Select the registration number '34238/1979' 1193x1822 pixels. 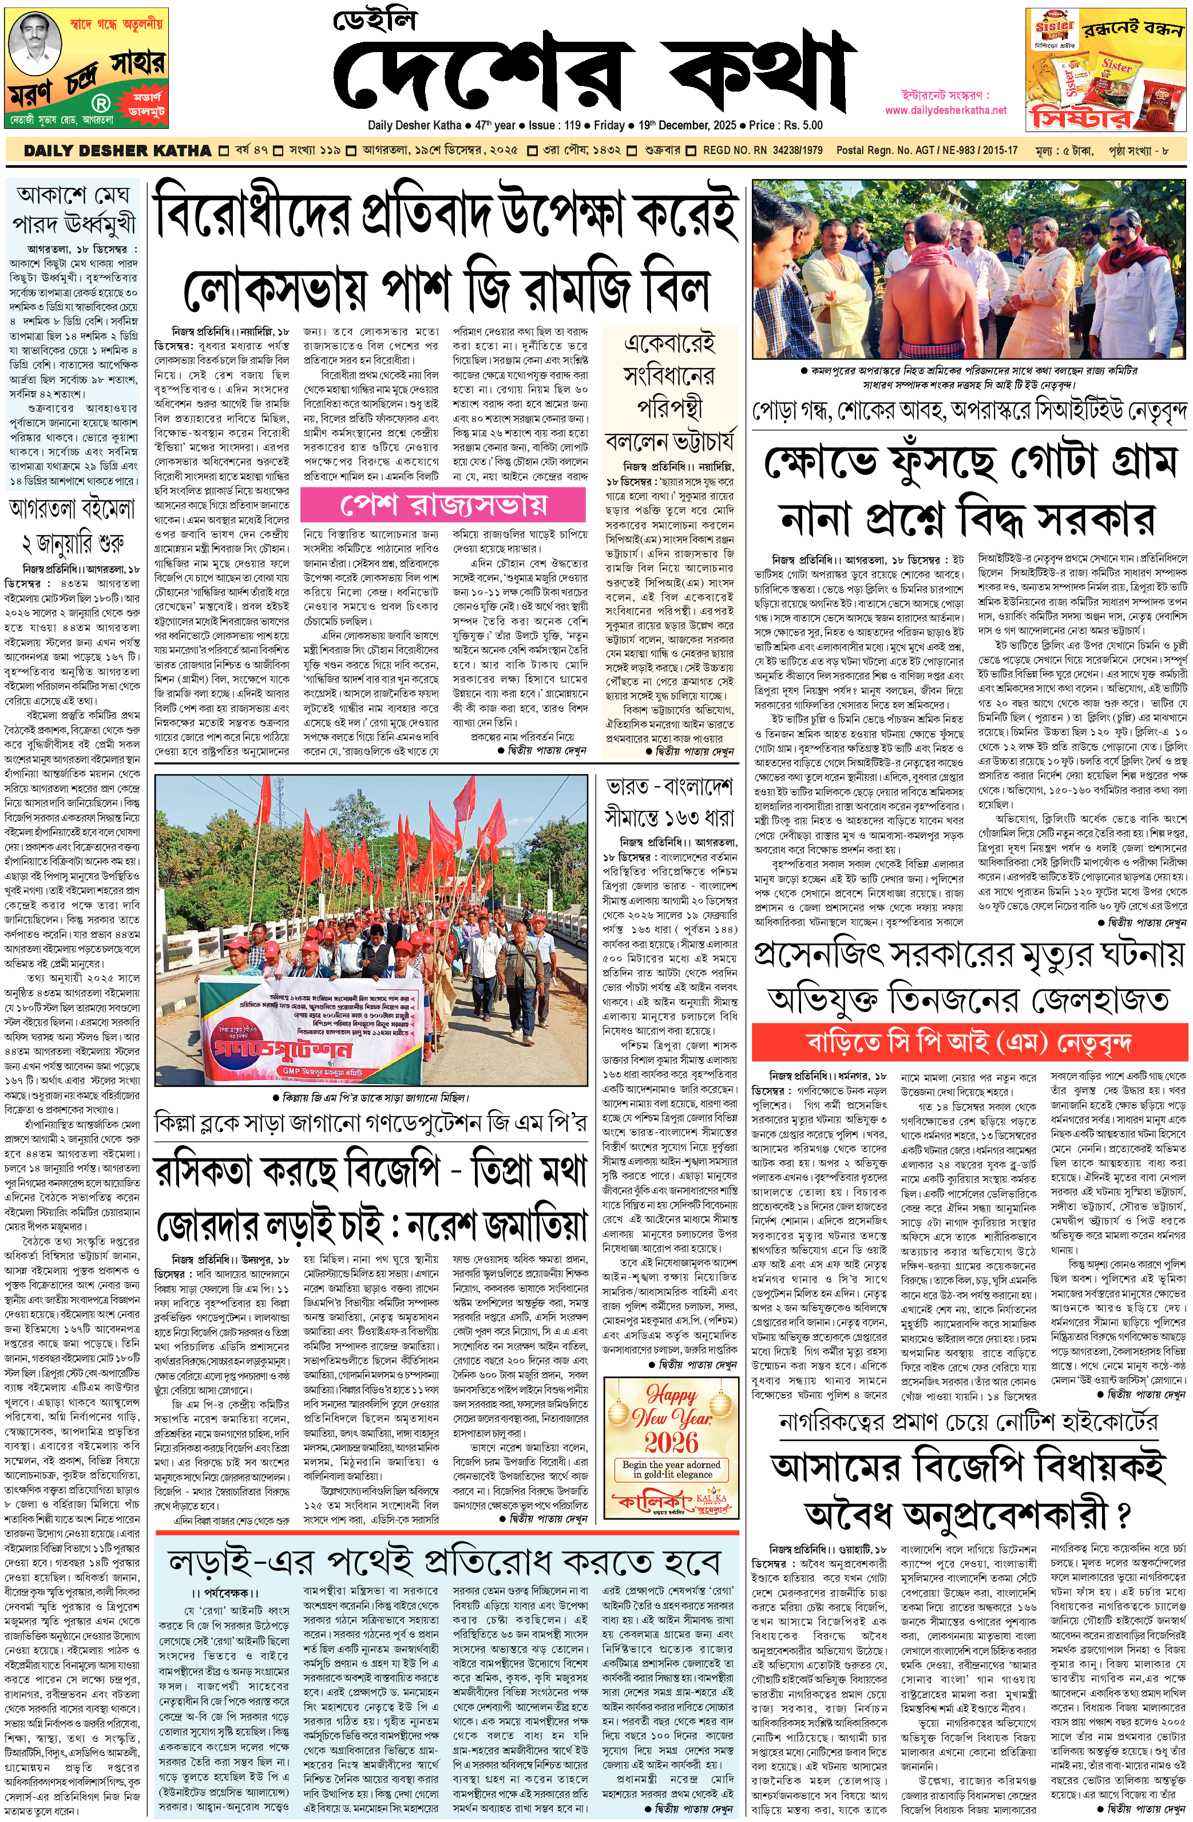click(x=796, y=151)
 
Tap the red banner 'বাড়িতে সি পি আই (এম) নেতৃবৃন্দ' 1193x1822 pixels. click(x=969, y=1043)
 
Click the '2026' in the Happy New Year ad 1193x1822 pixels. click(x=671, y=1443)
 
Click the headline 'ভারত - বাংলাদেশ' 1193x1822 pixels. click(x=669, y=786)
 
